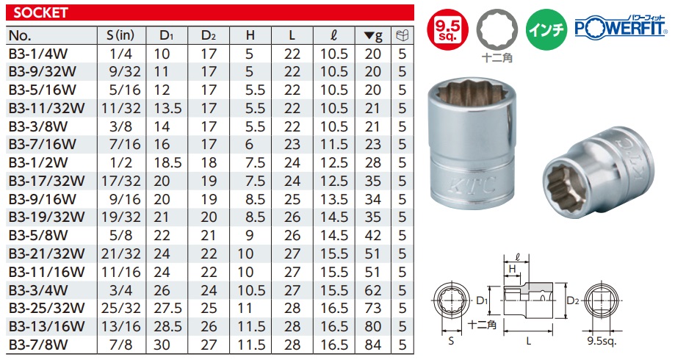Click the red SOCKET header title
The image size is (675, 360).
click(40, 12)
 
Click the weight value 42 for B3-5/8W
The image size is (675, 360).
click(373, 234)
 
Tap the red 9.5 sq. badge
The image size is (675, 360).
click(450, 31)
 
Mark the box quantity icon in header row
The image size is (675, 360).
click(401, 35)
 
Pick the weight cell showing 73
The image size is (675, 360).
click(373, 306)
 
